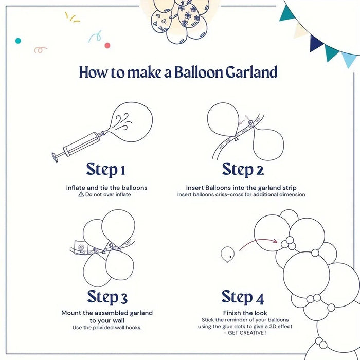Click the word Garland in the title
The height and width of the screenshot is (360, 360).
pos(251,72)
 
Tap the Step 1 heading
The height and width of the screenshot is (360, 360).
pos(105,169)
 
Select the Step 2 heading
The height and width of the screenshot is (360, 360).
pos(243,169)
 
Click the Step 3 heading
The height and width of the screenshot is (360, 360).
pos(107,297)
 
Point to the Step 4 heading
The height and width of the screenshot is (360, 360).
pos(243,297)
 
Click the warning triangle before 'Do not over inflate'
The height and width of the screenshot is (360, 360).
pos(81,195)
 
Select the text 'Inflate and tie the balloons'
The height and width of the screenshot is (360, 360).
pos(106,188)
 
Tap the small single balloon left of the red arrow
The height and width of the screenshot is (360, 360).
pos(227,253)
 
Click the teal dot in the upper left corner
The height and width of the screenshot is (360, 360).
pos(18,40)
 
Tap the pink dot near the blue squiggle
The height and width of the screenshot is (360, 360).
pos(107,45)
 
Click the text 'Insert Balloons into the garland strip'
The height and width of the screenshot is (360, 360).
pos(241,188)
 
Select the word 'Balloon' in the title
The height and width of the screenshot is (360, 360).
pos(198,72)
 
